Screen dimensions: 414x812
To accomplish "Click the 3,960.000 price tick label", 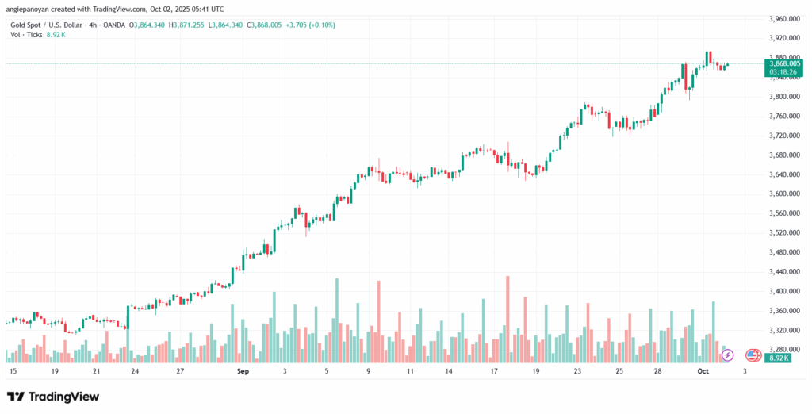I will pyautogui.click(x=785, y=19).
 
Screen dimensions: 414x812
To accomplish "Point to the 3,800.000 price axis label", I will pyautogui.click(x=785, y=97).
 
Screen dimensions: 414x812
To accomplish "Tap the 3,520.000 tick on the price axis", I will pyautogui.click(x=785, y=233).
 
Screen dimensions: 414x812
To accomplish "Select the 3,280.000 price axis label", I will pyautogui.click(x=785, y=349).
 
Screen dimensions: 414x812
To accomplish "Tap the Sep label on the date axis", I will pyautogui.click(x=243, y=370).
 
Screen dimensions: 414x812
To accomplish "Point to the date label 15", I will pyautogui.click(x=12, y=370).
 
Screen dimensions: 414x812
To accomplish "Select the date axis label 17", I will pyautogui.click(x=493, y=370).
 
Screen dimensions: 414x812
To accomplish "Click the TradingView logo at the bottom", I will pyautogui.click(x=54, y=396).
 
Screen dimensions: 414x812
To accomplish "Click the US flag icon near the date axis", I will pyautogui.click(x=753, y=355).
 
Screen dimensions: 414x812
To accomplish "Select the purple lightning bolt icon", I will pyautogui.click(x=728, y=355).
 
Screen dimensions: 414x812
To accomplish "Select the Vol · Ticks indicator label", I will pyautogui.click(x=23, y=36).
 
